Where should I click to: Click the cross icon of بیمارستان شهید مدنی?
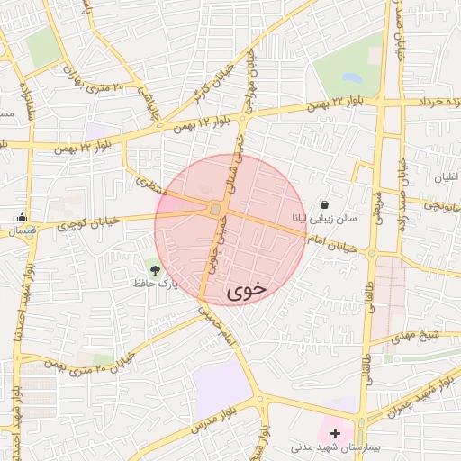tap(336, 433)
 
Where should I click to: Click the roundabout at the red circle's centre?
tap(217, 210)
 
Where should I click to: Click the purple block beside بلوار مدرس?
tap(221, 389)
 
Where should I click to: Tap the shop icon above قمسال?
tap(23, 217)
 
